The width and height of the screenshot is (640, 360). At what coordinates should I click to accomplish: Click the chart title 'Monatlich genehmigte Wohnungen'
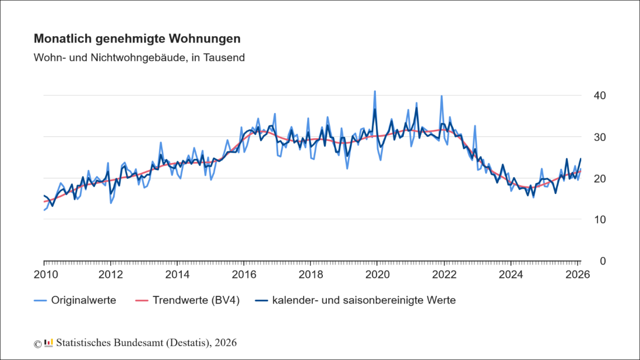click(137, 39)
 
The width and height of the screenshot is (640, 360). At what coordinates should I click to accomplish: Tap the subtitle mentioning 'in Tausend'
click(139, 58)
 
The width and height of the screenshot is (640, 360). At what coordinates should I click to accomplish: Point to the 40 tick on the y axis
click(600, 96)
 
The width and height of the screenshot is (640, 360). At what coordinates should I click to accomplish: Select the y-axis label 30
click(600, 137)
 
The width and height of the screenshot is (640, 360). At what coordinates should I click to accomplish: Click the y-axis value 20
click(600, 178)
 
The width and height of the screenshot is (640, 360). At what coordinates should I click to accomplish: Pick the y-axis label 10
click(600, 220)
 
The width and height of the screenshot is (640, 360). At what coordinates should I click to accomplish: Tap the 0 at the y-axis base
click(603, 261)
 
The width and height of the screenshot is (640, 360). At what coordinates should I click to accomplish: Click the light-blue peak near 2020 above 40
click(375, 91)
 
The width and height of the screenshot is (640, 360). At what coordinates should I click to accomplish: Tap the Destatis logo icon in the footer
click(49, 342)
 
